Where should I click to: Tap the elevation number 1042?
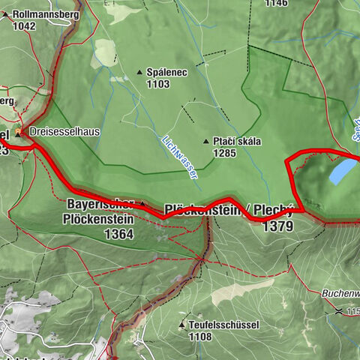[x=24, y=25]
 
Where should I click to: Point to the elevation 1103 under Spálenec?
[x=159, y=85]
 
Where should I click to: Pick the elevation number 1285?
[x=223, y=154]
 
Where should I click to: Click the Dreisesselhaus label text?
[x=67, y=131]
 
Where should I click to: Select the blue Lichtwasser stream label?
[x=180, y=156]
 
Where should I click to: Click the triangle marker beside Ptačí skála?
[x=205, y=142]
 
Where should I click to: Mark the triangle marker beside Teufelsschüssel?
[x=182, y=325]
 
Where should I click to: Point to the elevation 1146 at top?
[x=275, y=3]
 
